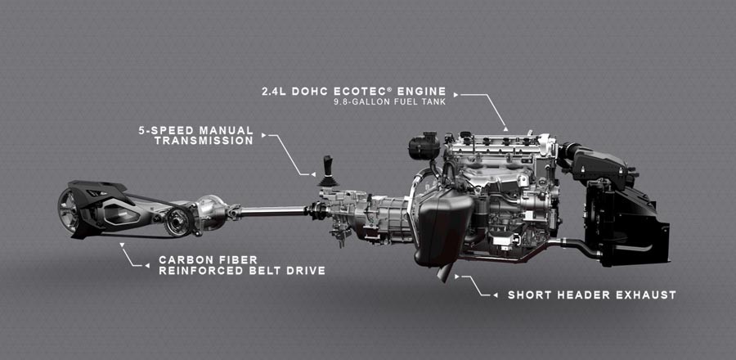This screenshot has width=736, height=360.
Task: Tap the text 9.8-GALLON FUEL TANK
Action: pyautogui.click(x=393, y=101)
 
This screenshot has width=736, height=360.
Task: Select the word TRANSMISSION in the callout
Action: pyautogui.click(x=204, y=141)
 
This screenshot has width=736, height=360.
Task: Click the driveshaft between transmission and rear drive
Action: pyautogui.click(x=272, y=212)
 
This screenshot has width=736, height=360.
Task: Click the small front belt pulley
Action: pyautogui.click(x=179, y=222)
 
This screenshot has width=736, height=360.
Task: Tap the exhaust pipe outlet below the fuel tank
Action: pyautogui.click(x=442, y=273)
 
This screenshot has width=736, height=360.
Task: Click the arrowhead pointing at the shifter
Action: pyautogui.click(x=313, y=174)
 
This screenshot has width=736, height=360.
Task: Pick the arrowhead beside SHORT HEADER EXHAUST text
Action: pyautogui.click(x=496, y=295)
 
